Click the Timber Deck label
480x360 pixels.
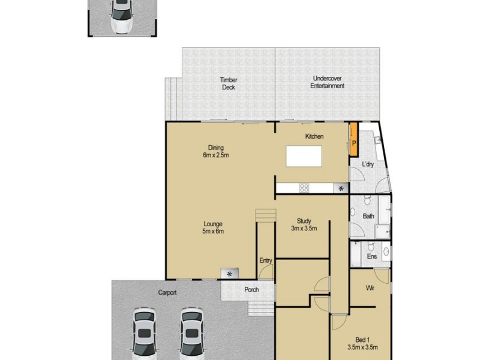pos(228,83)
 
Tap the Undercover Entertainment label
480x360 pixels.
pos(327,82)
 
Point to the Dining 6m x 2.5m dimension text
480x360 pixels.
pos(216,151)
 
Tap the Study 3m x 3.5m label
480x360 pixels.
pos(303,224)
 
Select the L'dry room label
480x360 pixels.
pos(368,164)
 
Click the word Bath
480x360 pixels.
pos(368,216)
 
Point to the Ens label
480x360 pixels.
pos(372,256)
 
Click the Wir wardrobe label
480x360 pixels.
pos(371,288)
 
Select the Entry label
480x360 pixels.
pos(266,260)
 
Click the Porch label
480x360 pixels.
pos(251,291)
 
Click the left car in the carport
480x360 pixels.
pos(145,334)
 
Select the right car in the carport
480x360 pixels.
pos(190,334)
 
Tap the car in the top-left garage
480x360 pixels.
pos(122,16)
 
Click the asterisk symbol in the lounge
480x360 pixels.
pos(229,274)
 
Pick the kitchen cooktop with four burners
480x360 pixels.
pos(304,188)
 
